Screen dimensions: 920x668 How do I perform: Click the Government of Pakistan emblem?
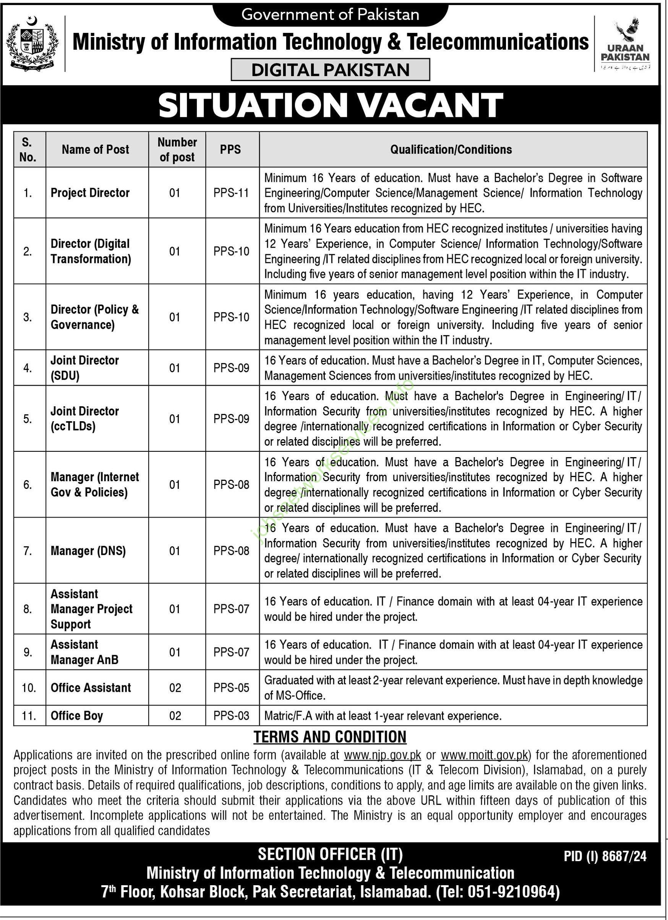pyautogui.click(x=33, y=44)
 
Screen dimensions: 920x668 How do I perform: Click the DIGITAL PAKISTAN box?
pyautogui.click(x=330, y=70)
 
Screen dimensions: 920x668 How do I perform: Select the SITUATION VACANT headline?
pyautogui.click(x=331, y=105)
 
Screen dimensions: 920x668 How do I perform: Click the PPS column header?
pyautogui.click(x=230, y=149)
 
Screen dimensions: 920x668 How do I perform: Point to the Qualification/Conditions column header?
pyautogui.click(x=451, y=149)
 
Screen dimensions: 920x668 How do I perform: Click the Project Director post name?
pyautogui.click(x=90, y=193)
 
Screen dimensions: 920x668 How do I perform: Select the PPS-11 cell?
pyautogui.click(x=231, y=193)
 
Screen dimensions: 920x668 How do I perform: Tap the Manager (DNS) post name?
pyautogui.click(x=88, y=550)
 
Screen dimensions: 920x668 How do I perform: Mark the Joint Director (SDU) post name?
pyautogui.click(x=84, y=368)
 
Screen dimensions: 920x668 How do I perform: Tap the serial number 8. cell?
pyautogui.click(x=28, y=609)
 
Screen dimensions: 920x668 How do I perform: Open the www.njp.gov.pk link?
pyautogui.click(x=383, y=755)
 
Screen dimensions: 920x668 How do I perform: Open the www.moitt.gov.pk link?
pyautogui.click(x=484, y=755)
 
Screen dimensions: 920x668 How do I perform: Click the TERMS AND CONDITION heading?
pyautogui.click(x=330, y=737)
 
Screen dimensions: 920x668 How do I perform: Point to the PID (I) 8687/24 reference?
pyautogui.click(x=605, y=856)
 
